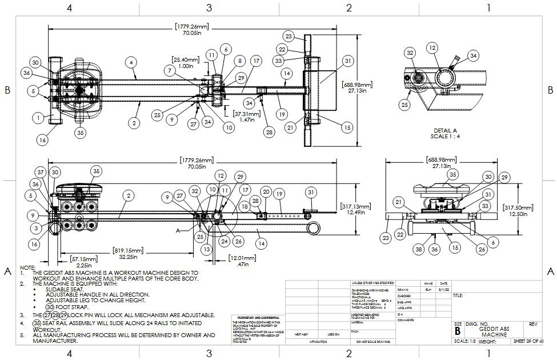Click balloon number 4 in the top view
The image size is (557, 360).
132,61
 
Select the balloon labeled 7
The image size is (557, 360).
170,69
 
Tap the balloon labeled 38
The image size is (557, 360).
419,249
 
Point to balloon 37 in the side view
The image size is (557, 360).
39,172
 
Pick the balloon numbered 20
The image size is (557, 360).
266,191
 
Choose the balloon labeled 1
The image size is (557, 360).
38,118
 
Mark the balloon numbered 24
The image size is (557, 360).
225,241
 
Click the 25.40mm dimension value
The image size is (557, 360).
186,59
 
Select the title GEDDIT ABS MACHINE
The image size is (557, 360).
494,330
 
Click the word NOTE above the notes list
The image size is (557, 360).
27,267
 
